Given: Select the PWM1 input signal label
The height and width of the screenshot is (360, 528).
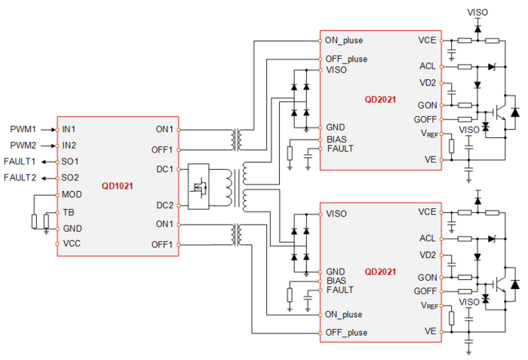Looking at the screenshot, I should coord(23,129).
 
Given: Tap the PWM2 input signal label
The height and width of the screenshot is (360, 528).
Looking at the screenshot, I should coord(23,145).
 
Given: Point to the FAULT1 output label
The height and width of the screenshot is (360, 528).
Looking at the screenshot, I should coord(20,162).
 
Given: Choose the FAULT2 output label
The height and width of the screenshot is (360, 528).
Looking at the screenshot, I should coord(20,177).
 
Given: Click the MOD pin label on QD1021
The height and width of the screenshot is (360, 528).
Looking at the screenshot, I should coord(74,195).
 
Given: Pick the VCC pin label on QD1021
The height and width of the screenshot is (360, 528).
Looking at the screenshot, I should coord(72,244).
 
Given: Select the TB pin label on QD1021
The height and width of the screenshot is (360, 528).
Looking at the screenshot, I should coord(69,212).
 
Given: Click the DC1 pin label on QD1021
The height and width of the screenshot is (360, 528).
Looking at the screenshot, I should coord(165,169).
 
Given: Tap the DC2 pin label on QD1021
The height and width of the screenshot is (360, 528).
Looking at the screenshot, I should coord(165,205).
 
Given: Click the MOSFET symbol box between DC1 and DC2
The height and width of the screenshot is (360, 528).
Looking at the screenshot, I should coord(200,186).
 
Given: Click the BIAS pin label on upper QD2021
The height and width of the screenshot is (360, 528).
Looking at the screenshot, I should coord(336,140).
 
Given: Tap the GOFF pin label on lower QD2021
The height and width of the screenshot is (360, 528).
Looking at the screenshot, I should coord(425,291).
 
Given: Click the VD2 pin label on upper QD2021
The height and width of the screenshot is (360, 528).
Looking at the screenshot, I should coord(427,83).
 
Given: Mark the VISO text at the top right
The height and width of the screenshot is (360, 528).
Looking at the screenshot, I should coord(478,12).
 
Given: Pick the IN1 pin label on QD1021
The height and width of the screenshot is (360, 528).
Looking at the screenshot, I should coord(69,129).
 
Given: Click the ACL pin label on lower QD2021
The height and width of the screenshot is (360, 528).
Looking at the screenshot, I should coord(427,238).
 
